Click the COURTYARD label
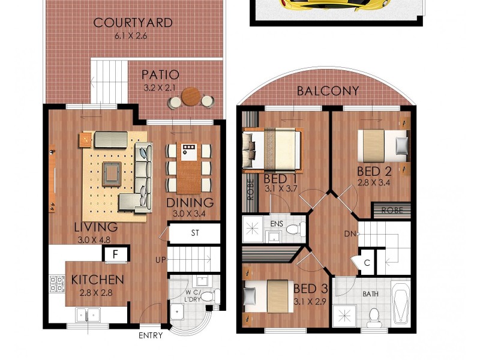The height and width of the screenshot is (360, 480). tap(133, 23)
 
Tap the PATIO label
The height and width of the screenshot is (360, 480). tap(160, 75)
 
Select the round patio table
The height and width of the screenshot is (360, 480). tap(191, 97)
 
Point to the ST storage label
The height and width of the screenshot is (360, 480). tap(195, 233)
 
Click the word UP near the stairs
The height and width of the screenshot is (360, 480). tap(161, 260)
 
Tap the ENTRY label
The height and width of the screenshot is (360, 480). tap(150, 335)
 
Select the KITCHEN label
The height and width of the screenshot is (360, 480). tap(98, 280)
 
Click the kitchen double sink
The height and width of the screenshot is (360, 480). tap(88, 314)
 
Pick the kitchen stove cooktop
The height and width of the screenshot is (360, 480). tap(57, 283)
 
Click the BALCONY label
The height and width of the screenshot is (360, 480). tap(328, 91)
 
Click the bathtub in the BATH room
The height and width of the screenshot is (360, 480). tap(400, 304)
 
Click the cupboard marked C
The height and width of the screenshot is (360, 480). tap(367, 262)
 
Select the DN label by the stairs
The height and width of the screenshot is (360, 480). tap(351, 233)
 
